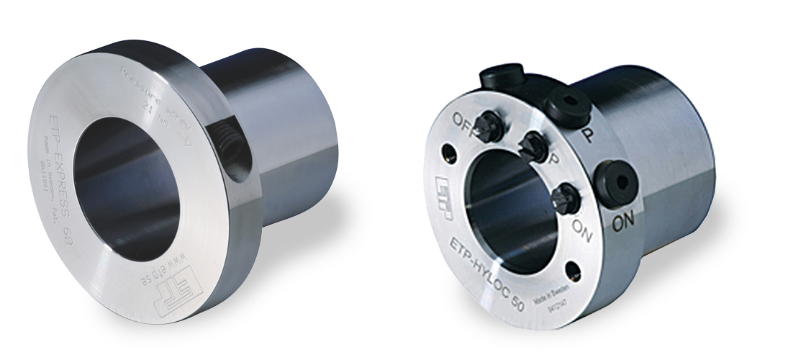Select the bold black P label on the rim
[587, 137]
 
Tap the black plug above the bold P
[568, 104]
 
